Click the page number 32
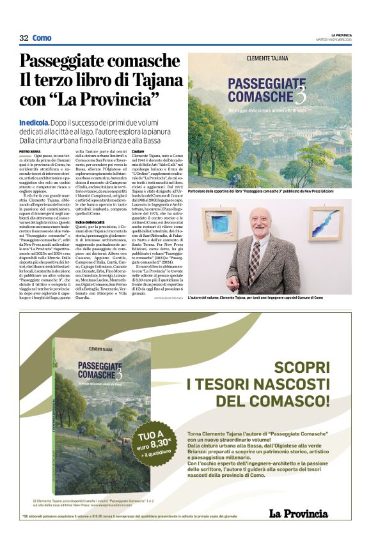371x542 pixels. point(24,38)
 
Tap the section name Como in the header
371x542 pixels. point(42,38)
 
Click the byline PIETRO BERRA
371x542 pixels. point(29,151)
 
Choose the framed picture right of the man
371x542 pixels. point(326,222)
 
